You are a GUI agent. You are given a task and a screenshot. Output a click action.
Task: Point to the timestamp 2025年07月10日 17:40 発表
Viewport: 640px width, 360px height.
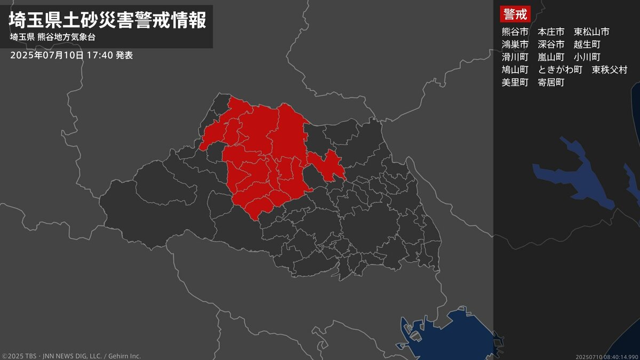click(71, 55)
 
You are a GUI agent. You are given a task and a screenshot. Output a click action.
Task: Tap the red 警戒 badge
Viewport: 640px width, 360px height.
click(515, 14)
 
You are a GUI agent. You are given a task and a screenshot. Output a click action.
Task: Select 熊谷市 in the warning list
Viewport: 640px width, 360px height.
click(515, 31)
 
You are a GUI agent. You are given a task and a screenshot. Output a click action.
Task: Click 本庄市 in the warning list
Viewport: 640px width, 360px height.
click(551, 31)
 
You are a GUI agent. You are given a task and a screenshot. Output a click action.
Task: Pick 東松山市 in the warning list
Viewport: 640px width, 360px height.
click(591, 31)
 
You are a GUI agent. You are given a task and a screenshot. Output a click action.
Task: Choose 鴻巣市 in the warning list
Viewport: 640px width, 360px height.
click(515, 44)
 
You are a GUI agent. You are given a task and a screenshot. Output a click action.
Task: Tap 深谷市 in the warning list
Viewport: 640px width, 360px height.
click(551, 44)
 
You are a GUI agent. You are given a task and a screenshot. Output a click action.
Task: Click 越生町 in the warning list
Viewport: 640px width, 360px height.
click(587, 44)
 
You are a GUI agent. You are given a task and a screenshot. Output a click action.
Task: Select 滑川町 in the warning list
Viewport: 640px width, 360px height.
click(515, 57)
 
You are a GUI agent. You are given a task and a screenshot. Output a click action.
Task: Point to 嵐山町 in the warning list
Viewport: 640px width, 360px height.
click(551, 57)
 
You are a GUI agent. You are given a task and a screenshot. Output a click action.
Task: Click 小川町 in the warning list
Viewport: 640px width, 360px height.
click(587, 57)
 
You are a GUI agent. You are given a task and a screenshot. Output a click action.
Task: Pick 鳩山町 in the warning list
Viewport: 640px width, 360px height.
click(515, 70)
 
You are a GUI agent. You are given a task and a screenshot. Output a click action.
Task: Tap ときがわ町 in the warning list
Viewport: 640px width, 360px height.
click(560, 70)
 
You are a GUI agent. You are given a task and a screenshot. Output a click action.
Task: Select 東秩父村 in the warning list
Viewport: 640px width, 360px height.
click(610, 70)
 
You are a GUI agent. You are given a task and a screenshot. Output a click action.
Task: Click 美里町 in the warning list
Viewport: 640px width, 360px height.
click(515, 83)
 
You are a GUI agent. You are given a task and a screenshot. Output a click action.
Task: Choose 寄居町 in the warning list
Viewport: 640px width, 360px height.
click(551, 83)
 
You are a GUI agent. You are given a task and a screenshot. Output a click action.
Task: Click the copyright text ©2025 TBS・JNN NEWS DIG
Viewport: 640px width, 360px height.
click(71, 356)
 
